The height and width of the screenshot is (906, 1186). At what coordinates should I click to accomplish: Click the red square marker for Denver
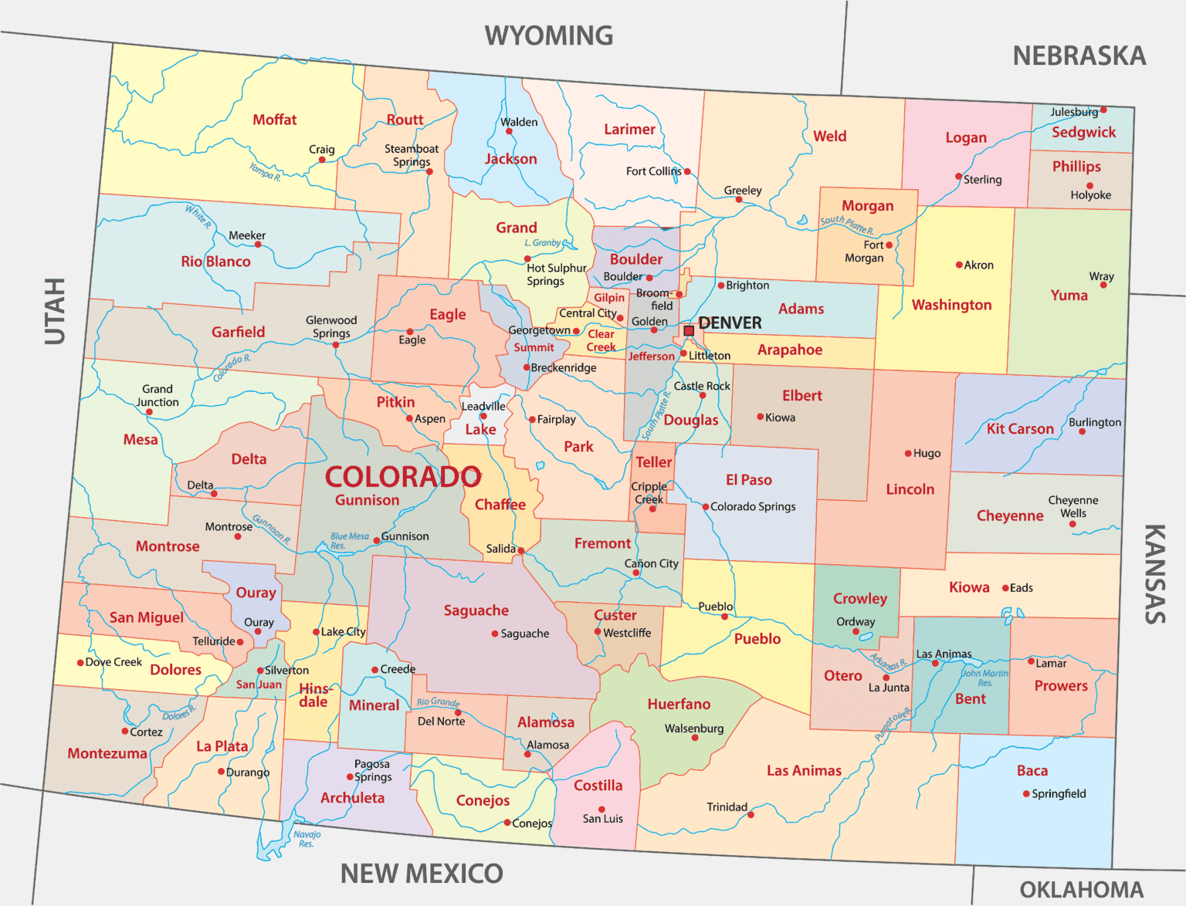(x=689, y=330)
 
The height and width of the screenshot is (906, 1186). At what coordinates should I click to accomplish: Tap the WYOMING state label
(x=548, y=35)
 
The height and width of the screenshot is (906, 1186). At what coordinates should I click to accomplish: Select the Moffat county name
(x=275, y=120)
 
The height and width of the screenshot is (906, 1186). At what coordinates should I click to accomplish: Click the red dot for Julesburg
(x=1103, y=110)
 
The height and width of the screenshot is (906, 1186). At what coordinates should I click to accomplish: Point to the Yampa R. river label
(x=265, y=171)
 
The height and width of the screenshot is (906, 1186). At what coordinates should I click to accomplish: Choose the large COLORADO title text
(x=403, y=477)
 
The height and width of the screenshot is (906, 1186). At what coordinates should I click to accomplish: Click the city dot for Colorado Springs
(x=705, y=507)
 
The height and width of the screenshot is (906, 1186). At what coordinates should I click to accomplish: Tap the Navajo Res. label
(x=307, y=839)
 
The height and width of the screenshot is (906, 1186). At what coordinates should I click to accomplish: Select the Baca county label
(x=1032, y=770)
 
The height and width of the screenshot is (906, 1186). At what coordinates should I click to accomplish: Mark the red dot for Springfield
(x=1026, y=793)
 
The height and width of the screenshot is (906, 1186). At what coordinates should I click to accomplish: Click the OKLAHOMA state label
(x=1081, y=890)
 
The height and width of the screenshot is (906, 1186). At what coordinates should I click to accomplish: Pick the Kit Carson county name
(x=1020, y=429)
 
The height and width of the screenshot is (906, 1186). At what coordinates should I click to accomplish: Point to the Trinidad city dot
(x=751, y=814)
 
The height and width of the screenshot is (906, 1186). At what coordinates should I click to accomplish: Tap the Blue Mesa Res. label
(x=349, y=540)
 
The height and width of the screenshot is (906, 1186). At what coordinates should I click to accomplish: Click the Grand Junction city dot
(x=149, y=412)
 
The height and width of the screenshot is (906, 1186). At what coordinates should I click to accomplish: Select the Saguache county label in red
(x=476, y=610)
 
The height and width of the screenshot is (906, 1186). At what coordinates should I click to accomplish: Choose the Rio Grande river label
(x=438, y=702)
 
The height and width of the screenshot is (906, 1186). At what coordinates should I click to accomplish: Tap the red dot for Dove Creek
(x=80, y=662)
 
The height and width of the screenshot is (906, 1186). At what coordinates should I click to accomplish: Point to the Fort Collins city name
(x=653, y=171)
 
